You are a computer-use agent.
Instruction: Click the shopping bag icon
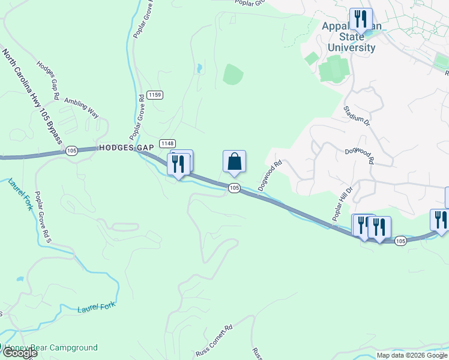[x=234, y=161]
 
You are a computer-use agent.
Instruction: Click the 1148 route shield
[x=167, y=143]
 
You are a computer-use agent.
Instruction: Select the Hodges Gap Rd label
[x=48, y=79]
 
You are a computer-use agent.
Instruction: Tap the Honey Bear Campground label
[x=50, y=347]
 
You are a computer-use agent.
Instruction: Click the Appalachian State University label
[x=352, y=37]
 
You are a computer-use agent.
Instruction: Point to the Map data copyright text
[x=412, y=355]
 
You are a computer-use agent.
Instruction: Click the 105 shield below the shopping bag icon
[x=234, y=188]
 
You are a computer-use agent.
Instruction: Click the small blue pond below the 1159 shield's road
[x=199, y=69]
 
